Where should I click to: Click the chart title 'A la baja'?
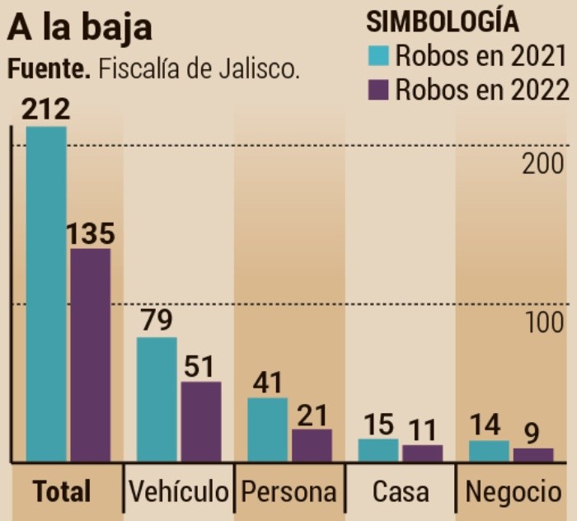80,27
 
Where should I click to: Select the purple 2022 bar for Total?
91,354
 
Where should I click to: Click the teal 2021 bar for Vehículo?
157,399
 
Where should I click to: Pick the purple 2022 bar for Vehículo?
201,421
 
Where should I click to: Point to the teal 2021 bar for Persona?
268,429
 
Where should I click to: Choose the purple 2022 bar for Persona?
312,445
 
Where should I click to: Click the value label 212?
46,110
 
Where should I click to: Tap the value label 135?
91,233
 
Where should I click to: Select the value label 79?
157,321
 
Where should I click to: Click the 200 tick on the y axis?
543,164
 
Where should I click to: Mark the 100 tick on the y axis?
543,323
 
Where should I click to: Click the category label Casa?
401,492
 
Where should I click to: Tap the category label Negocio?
513,492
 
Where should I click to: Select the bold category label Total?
62,492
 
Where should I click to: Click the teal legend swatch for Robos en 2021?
378,56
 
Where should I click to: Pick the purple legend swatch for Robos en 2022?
378,89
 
